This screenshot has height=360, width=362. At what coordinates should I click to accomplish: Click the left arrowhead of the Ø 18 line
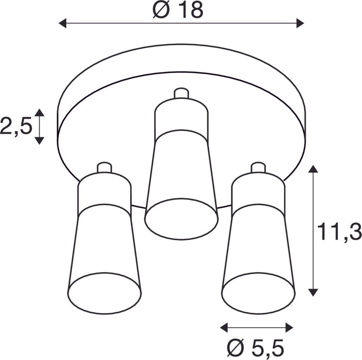63,23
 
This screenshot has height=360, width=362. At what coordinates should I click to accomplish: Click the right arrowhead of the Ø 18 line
300,23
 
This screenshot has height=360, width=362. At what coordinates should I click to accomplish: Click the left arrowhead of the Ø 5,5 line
224,327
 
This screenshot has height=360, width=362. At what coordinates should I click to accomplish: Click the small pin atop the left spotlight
104,168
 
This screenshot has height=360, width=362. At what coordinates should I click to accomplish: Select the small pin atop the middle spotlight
181,94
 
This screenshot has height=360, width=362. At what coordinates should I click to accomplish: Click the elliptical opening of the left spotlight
104,293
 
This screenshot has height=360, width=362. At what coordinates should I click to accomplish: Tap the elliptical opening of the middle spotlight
181,218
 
